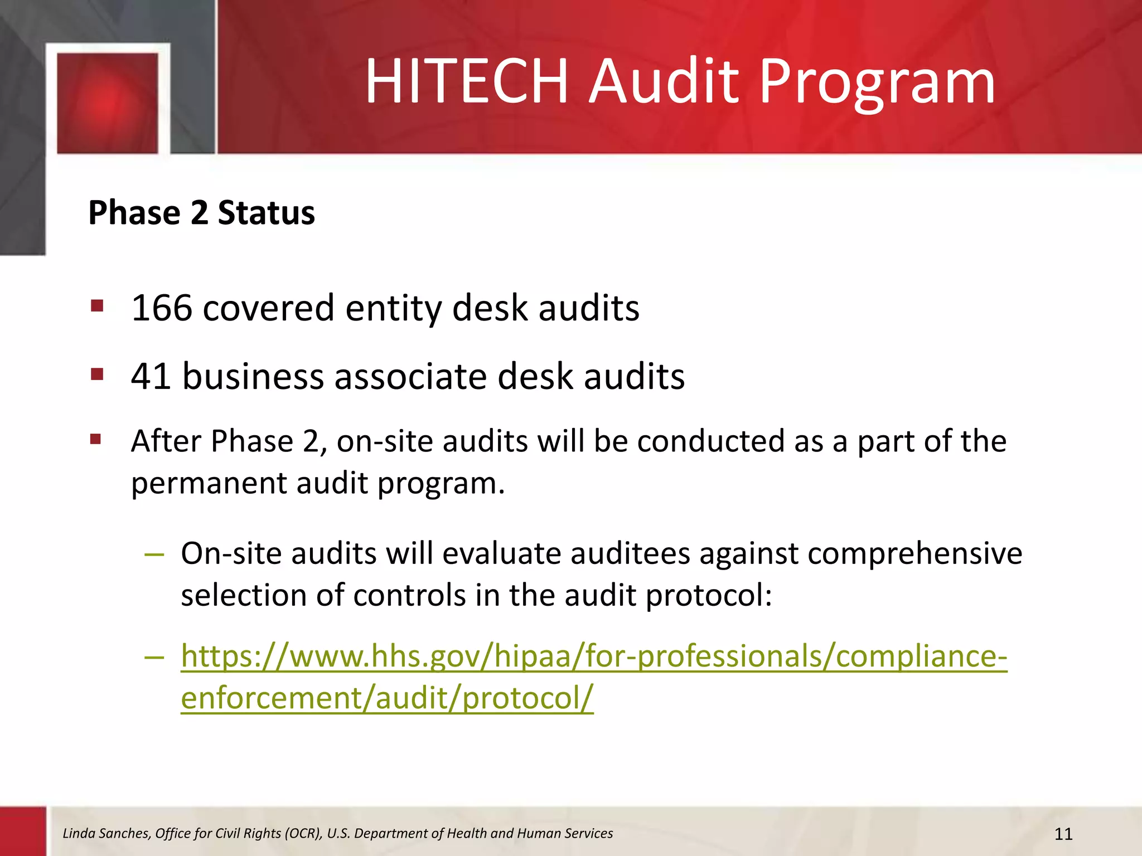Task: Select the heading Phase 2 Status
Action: tap(201, 213)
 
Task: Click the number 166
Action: tap(161, 308)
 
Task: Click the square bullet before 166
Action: tap(97, 305)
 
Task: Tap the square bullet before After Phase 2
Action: tap(96, 440)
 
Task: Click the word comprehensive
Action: tap(914, 554)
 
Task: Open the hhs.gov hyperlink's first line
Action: tap(594, 656)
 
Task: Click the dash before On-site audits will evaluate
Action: tap(154, 554)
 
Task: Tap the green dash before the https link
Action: tap(154, 657)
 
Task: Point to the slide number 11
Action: tap(1063, 834)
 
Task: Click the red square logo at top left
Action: tap(108, 103)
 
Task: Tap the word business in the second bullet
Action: tap(253, 376)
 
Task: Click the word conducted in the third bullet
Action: tap(710, 441)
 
